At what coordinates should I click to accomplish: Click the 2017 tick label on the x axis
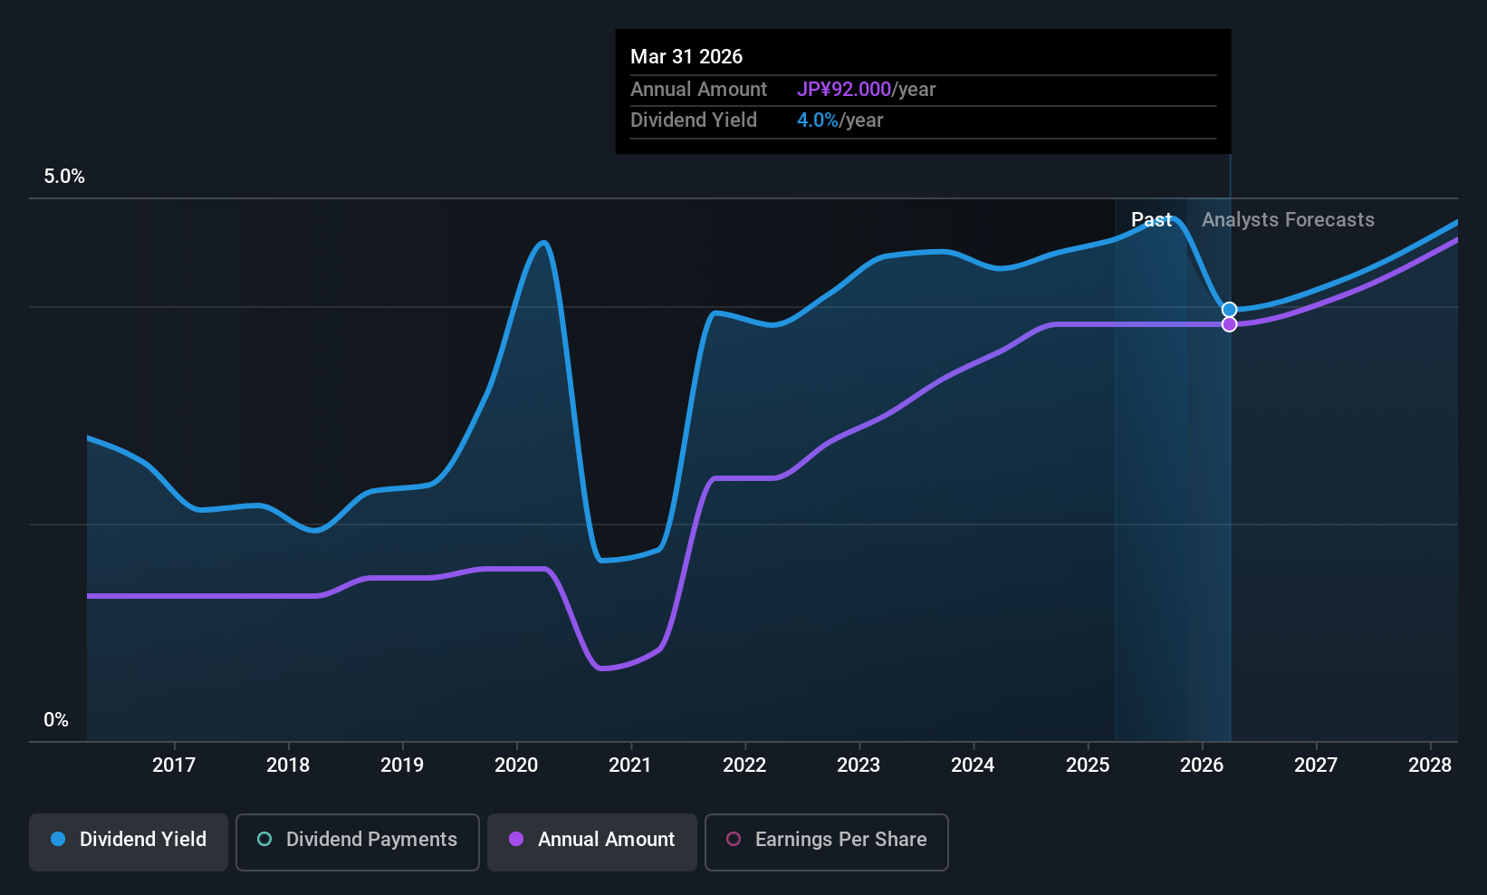click(174, 765)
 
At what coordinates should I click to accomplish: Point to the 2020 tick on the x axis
click(516, 765)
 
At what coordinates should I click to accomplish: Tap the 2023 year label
click(859, 765)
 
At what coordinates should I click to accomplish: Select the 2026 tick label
click(1202, 765)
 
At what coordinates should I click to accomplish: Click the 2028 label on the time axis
click(1430, 765)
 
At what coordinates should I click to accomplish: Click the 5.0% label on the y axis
click(64, 177)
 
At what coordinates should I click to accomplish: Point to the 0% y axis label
click(56, 720)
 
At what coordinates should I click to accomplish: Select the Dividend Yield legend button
click(129, 840)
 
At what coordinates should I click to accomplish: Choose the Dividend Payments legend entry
click(358, 840)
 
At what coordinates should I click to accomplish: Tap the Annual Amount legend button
click(592, 840)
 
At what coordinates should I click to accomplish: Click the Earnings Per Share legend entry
click(826, 840)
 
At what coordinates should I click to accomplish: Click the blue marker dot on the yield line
click(1229, 310)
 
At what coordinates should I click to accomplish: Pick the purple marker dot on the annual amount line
click(1229, 324)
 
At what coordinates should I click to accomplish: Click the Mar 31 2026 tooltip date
click(686, 57)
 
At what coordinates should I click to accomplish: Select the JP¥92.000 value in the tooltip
click(844, 90)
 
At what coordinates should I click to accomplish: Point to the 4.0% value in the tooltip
click(818, 120)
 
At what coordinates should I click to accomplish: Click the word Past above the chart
click(1151, 220)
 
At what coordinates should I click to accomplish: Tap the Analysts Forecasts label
click(1288, 220)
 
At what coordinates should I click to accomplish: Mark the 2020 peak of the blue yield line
click(543, 243)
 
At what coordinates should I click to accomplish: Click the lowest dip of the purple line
click(602, 669)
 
